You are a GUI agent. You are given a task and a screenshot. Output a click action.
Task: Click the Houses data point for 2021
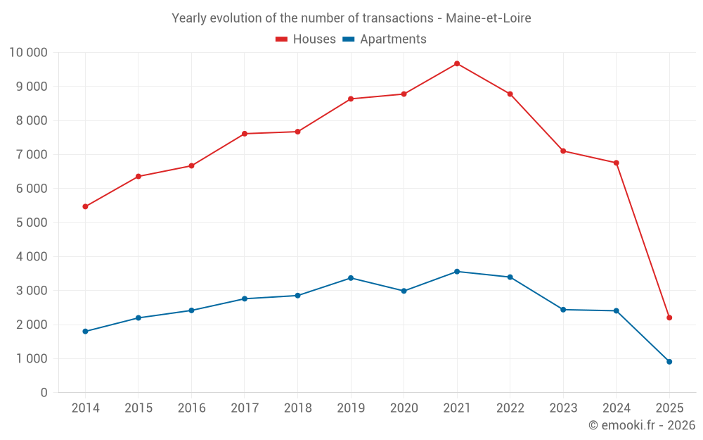457,63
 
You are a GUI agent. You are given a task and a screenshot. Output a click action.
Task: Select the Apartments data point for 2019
351,278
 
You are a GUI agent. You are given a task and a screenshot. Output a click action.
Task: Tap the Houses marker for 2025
669,318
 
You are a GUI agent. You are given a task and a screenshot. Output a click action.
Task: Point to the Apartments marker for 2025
669,362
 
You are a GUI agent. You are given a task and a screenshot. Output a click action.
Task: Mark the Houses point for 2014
85,206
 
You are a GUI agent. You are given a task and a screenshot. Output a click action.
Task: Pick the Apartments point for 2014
85,332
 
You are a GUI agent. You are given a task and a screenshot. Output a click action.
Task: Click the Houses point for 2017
245,134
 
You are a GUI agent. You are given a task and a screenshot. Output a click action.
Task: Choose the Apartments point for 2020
404,291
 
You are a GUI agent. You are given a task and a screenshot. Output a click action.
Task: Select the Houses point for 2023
563,151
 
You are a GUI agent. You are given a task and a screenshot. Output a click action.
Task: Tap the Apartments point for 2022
510,277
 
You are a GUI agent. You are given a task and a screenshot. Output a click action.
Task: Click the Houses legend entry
306,39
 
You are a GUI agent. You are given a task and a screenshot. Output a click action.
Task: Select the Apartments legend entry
385,39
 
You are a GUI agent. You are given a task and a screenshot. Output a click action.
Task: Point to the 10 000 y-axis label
28,52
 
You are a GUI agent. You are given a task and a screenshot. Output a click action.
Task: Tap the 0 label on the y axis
44,393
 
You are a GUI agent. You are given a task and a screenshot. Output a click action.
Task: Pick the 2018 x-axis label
297,408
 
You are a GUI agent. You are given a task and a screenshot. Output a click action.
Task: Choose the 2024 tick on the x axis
616,408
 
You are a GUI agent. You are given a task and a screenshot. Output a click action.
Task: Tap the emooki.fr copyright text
642,425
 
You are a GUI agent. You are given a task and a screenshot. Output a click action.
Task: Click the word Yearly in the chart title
190,18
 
